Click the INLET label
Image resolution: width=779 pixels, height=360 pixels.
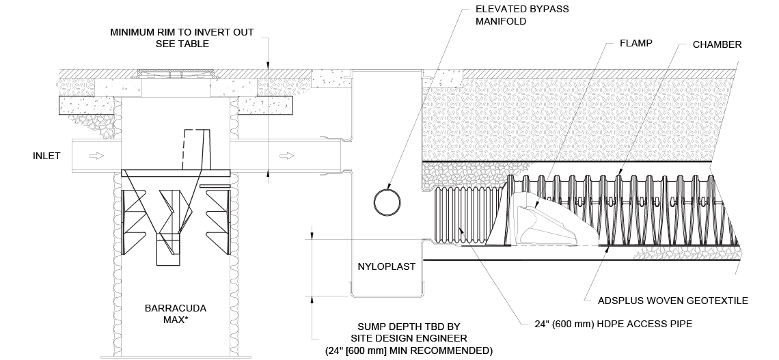pyautogui.click(x=46, y=156)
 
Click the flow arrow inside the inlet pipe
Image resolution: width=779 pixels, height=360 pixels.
pyautogui.click(x=96, y=156)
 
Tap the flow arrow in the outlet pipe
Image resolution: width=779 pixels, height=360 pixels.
pyautogui.click(x=287, y=156)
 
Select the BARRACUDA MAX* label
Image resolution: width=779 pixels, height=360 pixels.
pyautogui.click(x=176, y=314)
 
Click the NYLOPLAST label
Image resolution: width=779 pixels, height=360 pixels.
pyautogui.click(x=387, y=266)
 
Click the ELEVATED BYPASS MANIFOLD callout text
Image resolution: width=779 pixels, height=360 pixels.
pyautogui.click(x=522, y=15)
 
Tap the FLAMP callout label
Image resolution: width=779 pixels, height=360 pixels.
pyautogui.click(x=636, y=43)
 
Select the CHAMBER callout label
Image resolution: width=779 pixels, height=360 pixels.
pyautogui.click(x=717, y=44)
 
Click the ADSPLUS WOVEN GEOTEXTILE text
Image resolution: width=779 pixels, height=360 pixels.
pyautogui.click(x=672, y=301)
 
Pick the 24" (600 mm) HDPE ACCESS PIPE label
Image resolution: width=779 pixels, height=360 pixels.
pyautogui.click(x=613, y=324)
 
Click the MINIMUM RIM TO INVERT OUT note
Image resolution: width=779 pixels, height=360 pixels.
pyautogui.click(x=182, y=38)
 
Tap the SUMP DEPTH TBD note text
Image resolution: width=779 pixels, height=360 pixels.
pyautogui.click(x=409, y=339)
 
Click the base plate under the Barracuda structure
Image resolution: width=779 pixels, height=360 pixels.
pyautogui.click(x=176, y=357)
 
